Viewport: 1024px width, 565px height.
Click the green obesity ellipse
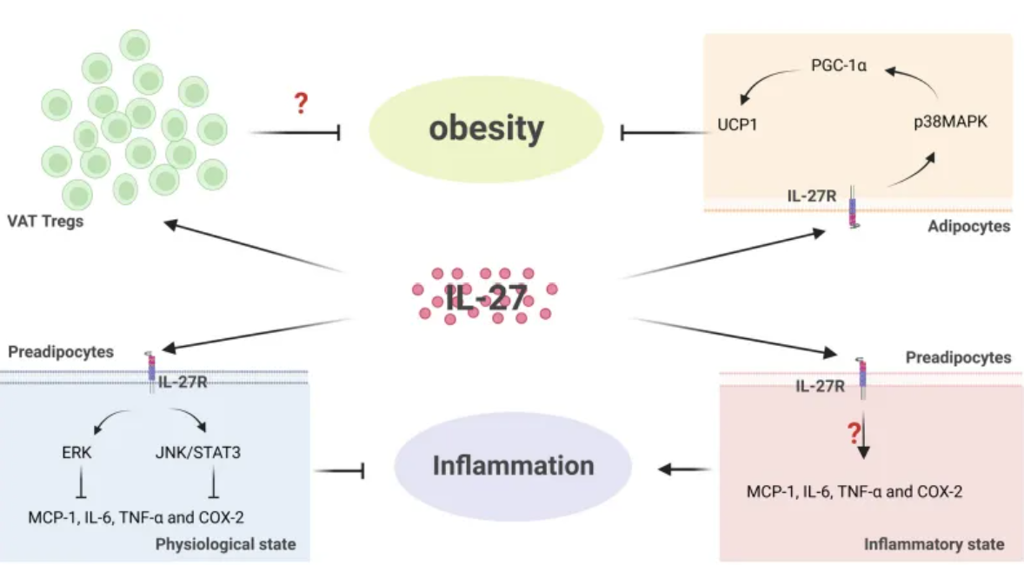(x=486, y=129)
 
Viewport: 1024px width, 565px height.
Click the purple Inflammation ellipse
(x=513, y=466)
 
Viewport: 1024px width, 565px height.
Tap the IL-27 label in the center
(x=486, y=298)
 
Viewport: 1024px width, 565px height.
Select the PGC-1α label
(x=839, y=65)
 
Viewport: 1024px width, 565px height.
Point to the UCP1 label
(x=737, y=124)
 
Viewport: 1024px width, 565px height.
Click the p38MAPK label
(x=950, y=122)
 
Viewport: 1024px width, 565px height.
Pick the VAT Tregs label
(x=45, y=221)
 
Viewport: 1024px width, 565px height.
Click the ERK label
(x=76, y=452)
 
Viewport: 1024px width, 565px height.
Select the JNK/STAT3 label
(x=198, y=452)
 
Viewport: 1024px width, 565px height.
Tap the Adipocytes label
(x=968, y=226)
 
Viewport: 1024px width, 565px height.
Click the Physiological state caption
(x=225, y=544)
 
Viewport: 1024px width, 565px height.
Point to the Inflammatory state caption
(x=934, y=544)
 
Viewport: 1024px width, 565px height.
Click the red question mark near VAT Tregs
(x=301, y=103)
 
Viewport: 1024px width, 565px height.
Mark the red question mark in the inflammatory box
(x=854, y=432)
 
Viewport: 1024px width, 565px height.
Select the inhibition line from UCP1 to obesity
(x=666, y=133)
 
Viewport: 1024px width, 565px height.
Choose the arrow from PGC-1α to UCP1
(x=764, y=80)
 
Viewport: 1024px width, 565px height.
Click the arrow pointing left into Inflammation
(x=684, y=469)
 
